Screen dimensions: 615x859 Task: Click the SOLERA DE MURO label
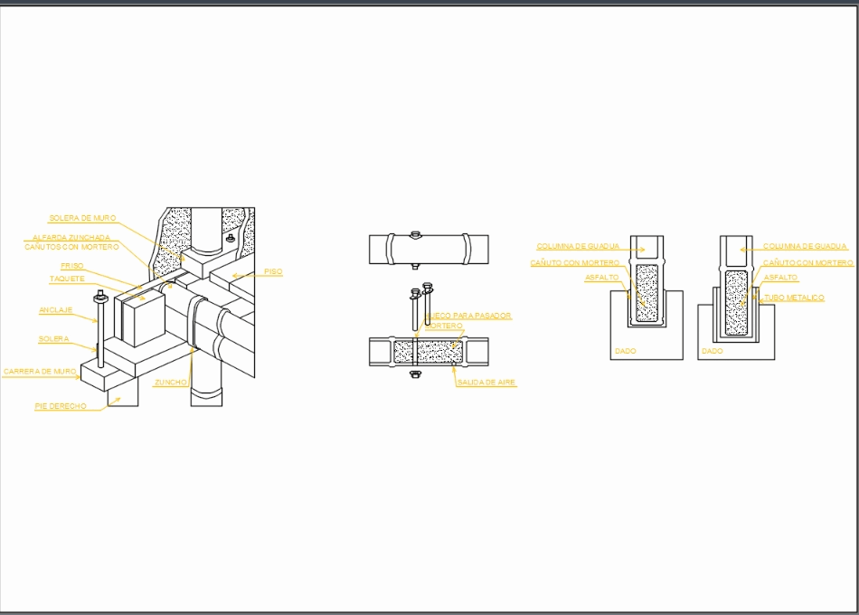(82, 218)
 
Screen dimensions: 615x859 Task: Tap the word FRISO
(72, 266)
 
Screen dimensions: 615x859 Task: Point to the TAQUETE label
(67, 279)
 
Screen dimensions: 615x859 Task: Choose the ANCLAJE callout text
(55, 310)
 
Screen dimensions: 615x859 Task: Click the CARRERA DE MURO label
(40, 372)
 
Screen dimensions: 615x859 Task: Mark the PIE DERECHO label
(61, 407)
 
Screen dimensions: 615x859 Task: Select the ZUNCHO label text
(171, 383)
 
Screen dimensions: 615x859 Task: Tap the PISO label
(273, 271)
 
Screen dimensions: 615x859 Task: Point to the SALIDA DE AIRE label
(486, 383)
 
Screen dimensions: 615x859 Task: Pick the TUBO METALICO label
(794, 298)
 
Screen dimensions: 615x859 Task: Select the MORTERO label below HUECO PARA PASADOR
(445, 326)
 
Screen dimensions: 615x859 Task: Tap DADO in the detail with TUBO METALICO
(713, 351)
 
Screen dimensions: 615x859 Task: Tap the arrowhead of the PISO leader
(232, 275)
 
